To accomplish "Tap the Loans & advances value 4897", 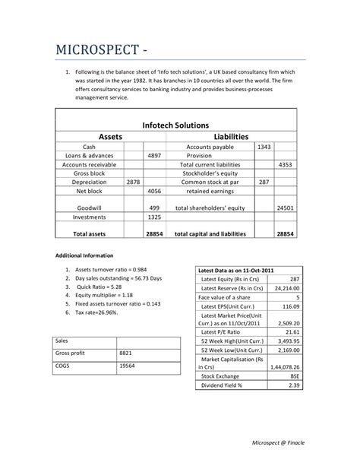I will click(154, 154).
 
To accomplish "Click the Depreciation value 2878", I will click(133, 182).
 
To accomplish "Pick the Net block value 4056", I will click(154, 192).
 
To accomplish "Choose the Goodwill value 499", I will click(154, 207).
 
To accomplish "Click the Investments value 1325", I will click(154, 217).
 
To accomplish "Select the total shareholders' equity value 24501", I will click(286, 207).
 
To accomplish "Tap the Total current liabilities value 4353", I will click(286, 164).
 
